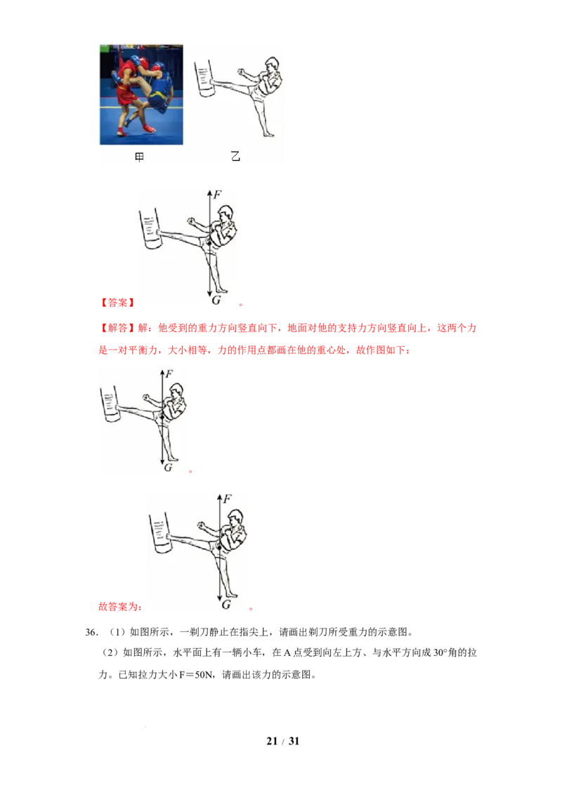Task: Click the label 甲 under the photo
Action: click(140, 157)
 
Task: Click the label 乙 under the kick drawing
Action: click(235, 156)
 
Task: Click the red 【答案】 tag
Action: click(117, 303)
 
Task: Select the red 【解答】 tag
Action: click(117, 328)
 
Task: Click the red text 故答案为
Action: click(119, 606)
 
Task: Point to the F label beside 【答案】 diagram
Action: click(217, 195)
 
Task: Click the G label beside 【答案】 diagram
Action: click(216, 300)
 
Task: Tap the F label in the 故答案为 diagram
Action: click(227, 499)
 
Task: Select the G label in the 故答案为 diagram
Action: click(226, 605)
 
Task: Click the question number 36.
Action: click(91, 632)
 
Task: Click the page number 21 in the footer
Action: click(272, 741)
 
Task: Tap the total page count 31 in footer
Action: click(294, 741)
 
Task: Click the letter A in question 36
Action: click(287, 653)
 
